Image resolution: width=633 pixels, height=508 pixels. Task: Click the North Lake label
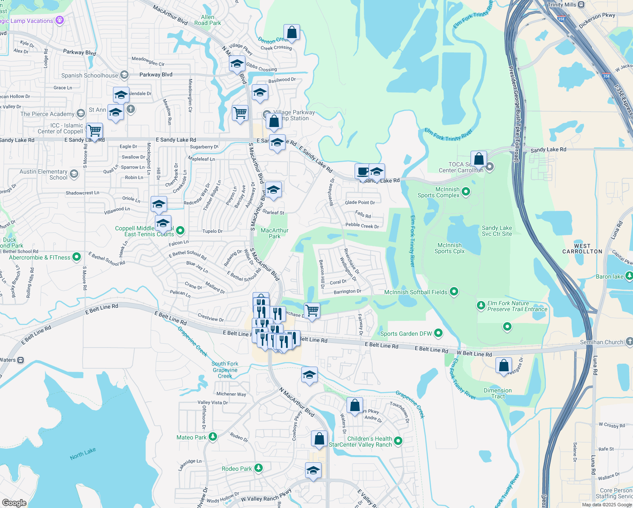click(83, 453)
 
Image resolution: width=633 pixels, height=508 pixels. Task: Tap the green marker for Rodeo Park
click(259, 468)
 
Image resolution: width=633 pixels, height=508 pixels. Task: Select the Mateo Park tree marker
click(213, 437)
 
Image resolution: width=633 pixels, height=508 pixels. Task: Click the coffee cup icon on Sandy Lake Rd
click(363, 171)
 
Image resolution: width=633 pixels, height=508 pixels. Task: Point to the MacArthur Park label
click(275, 233)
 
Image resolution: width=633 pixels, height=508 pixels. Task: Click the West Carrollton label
click(582, 248)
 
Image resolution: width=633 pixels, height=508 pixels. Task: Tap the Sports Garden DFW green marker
click(438, 333)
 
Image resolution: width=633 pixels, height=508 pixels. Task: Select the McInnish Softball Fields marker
click(454, 292)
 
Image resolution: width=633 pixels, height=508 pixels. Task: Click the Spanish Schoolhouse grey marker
click(124, 75)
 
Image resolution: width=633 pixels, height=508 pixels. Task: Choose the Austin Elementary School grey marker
click(74, 174)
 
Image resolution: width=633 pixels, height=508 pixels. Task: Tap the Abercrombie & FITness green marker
click(77, 257)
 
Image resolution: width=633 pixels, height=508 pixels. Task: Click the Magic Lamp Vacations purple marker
click(60, 20)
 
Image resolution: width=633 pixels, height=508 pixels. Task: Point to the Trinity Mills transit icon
click(581, 5)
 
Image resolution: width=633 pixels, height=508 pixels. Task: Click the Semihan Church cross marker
click(629, 341)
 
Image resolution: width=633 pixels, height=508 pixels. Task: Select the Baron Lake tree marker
click(629, 276)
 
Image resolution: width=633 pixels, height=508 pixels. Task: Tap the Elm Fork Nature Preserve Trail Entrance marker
click(481, 306)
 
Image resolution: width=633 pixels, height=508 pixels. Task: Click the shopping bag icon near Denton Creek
click(292, 32)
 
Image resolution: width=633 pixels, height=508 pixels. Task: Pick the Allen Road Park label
click(208, 20)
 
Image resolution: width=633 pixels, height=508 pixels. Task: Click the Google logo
click(14, 502)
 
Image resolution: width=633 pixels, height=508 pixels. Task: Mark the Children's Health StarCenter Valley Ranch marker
click(398, 441)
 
